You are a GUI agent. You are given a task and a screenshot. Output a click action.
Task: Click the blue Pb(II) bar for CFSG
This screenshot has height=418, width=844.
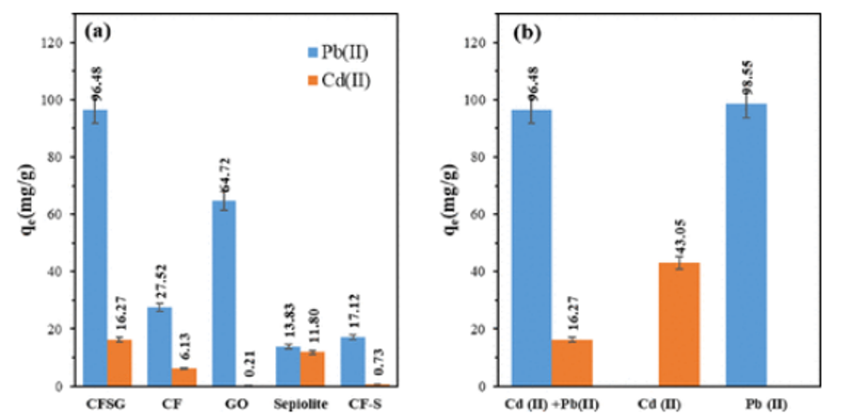coord(96,248)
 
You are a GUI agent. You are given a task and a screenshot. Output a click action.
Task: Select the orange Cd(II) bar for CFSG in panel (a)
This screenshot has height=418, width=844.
coord(119,363)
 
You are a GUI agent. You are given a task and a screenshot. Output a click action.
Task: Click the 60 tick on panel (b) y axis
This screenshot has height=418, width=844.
coord(488,214)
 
